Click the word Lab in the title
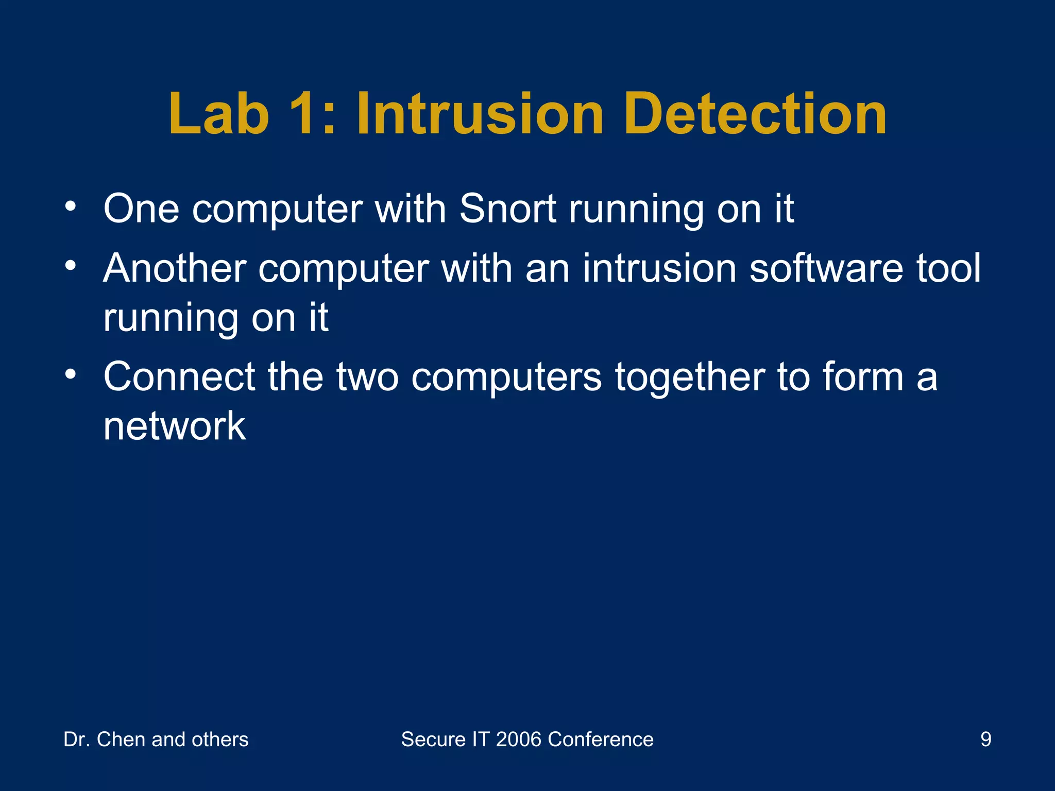pos(219,114)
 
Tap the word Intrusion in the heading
pos(479,114)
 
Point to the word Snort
pos(507,209)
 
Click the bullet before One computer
pos(71,208)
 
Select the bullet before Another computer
pos(71,267)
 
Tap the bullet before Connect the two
pos(71,375)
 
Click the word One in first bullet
pos(141,209)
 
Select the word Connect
pos(179,377)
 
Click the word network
pos(174,426)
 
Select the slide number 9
pos(985,740)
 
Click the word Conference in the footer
pos(601,740)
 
